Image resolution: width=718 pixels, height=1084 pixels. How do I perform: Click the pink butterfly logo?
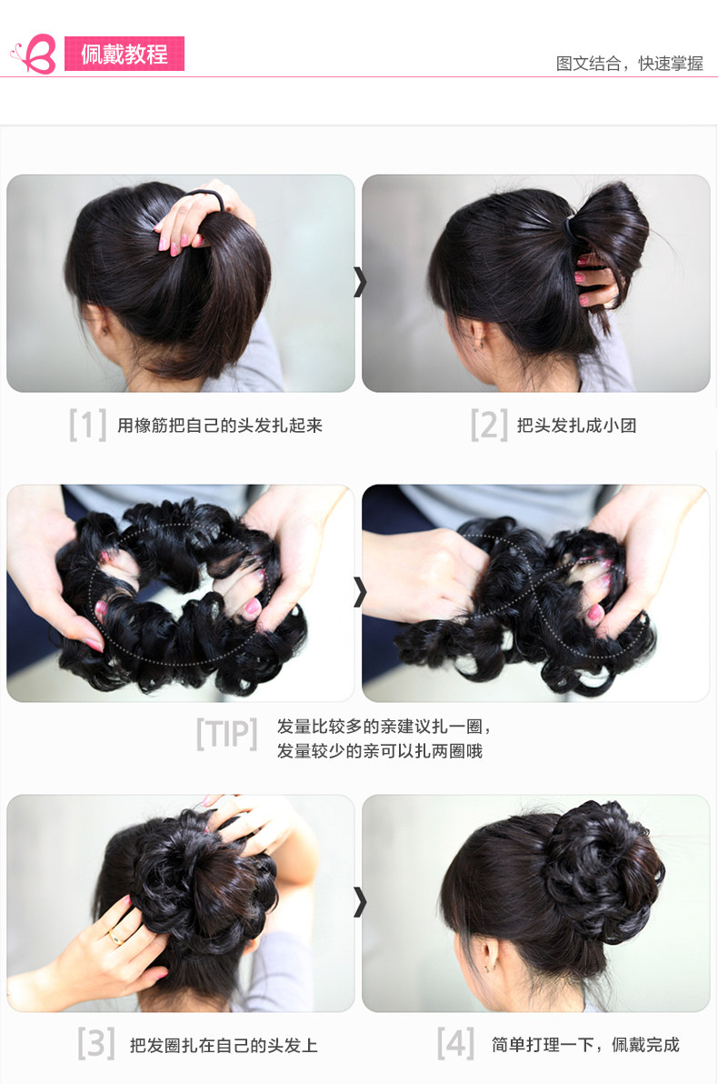tap(34, 55)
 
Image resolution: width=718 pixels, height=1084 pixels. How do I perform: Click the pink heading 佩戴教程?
tap(125, 55)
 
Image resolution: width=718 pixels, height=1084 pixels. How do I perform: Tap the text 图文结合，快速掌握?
tap(629, 64)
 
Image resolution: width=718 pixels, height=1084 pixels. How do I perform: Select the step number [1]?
tap(87, 425)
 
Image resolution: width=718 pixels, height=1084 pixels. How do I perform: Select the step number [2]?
tap(488, 425)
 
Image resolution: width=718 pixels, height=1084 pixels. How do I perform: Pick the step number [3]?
tap(95, 1044)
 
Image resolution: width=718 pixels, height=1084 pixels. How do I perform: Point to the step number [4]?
tap(455, 1044)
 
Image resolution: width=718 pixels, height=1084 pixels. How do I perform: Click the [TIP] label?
tap(226, 734)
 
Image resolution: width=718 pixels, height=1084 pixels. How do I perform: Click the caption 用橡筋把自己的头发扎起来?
tap(220, 426)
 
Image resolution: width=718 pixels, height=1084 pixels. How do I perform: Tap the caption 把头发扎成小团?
tap(576, 426)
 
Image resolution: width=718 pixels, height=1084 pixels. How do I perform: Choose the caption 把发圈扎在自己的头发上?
tap(224, 1045)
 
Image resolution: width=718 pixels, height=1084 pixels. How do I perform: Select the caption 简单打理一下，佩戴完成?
tap(585, 1045)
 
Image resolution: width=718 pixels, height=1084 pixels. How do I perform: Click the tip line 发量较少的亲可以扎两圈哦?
tap(379, 751)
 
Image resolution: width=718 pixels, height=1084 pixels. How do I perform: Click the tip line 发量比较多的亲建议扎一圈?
tap(384, 727)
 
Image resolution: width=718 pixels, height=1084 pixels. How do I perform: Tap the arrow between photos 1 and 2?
tap(359, 282)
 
